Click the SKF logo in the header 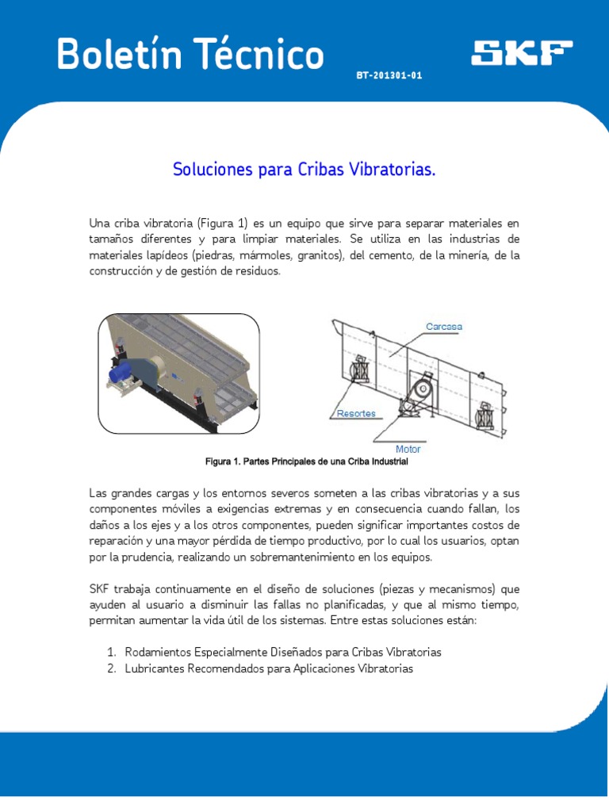coord(522,53)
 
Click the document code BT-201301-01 coord(389,75)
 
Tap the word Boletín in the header coord(119,54)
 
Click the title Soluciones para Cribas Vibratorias coord(304,170)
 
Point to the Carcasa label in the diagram coord(444,327)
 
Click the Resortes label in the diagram coord(356,413)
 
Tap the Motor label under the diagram coord(408,449)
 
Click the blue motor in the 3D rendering coord(120,373)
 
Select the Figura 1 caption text coord(307,462)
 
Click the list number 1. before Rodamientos coord(111,652)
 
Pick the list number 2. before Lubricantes coord(111,668)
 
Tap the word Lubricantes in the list coord(155,668)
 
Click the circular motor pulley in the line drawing coord(423,389)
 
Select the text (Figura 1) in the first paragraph coord(222,224)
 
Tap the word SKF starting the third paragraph coord(98,589)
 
